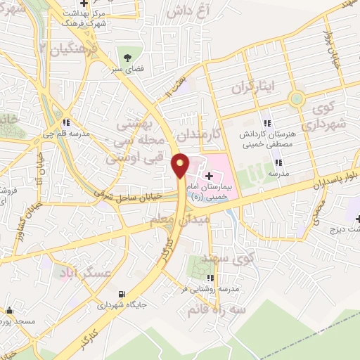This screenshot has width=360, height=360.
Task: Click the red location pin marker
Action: click(x=180, y=165)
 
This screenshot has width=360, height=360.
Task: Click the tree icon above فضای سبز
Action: click(x=128, y=57)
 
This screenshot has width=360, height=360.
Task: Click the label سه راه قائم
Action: click(x=211, y=309)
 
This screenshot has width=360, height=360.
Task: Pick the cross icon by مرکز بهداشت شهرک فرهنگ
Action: click(x=84, y=6)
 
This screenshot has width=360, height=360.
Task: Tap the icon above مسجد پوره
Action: click(x=9, y=310)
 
